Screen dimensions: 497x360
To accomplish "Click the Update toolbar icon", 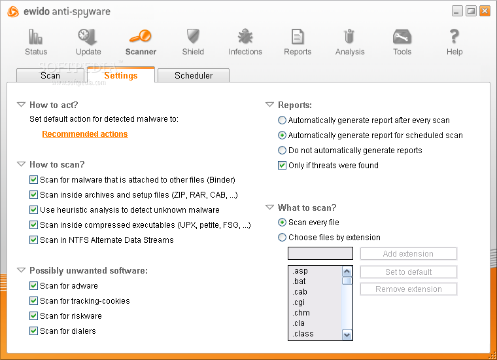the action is [88, 37].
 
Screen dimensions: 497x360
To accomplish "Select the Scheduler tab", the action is [194, 75].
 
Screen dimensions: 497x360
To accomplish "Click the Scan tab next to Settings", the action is [50, 75].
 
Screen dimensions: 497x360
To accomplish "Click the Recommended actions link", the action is [85, 134].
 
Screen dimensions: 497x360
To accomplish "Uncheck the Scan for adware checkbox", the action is [33, 286].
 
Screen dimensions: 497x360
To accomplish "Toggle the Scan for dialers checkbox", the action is [33, 331].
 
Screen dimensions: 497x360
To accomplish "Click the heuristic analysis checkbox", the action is [33, 210].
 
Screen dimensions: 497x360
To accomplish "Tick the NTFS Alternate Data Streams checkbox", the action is [33, 240].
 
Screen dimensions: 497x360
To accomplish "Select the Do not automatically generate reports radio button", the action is [282, 151].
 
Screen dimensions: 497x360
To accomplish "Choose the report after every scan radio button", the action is [282, 120].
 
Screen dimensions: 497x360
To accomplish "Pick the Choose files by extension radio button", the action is [282, 237].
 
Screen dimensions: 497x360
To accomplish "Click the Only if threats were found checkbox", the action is [282, 165].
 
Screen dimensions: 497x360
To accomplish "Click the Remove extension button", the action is [409, 289].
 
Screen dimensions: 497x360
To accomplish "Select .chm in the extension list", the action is [301, 313].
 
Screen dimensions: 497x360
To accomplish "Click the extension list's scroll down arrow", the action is [347, 334].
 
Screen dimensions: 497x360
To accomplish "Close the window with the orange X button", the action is [485, 11].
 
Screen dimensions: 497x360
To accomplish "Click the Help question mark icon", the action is [454, 36].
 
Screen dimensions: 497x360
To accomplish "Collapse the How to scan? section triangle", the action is [21, 164].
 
